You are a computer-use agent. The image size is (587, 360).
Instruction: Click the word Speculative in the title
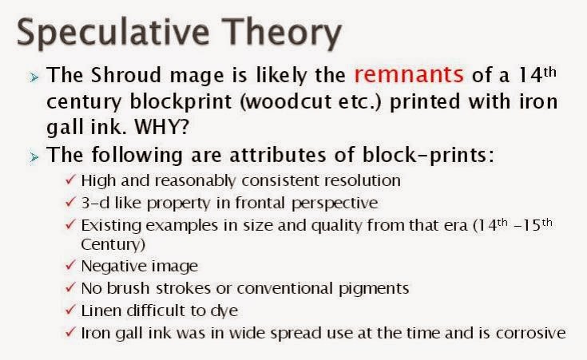pyautogui.click(x=113, y=34)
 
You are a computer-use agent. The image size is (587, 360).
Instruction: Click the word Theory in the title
pyautogui.click(x=281, y=34)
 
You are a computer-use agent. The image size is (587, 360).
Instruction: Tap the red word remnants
pyautogui.click(x=409, y=74)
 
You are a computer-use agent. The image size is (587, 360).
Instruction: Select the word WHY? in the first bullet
pyautogui.click(x=162, y=127)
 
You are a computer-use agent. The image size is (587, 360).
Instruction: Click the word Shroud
pyautogui.click(x=126, y=74)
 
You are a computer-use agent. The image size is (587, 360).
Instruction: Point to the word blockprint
pyautogui.click(x=180, y=101)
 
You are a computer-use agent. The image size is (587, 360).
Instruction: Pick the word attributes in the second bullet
pyautogui.click(x=278, y=155)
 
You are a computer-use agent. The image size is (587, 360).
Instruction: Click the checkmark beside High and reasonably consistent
pyautogui.click(x=70, y=180)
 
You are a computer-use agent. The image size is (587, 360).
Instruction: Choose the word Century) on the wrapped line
pyautogui.click(x=113, y=244)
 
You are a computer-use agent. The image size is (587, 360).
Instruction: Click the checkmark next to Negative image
pyautogui.click(x=70, y=265)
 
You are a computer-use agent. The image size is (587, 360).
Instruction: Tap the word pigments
pyautogui.click(x=374, y=288)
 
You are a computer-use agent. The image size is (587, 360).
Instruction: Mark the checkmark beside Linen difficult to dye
pyautogui.click(x=70, y=310)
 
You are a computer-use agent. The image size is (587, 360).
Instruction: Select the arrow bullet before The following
pyautogui.click(x=34, y=157)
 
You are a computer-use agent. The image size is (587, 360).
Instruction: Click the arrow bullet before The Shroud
pyautogui.click(x=34, y=77)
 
